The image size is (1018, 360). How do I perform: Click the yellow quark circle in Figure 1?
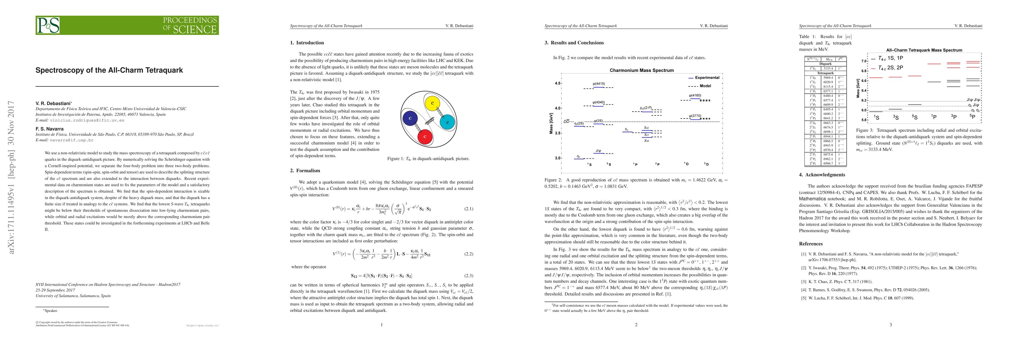[432, 103]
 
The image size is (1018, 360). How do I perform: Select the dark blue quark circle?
[410, 118]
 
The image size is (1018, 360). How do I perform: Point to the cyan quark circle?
[447, 122]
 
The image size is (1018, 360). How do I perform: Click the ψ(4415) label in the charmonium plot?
[599, 84]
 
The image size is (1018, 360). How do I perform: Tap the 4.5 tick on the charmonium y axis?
[557, 83]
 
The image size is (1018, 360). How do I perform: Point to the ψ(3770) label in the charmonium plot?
[695, 116]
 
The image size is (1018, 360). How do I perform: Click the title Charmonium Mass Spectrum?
[641, 70]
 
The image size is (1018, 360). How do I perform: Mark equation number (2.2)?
[468, 254]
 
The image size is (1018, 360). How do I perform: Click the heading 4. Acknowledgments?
[822, 175]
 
